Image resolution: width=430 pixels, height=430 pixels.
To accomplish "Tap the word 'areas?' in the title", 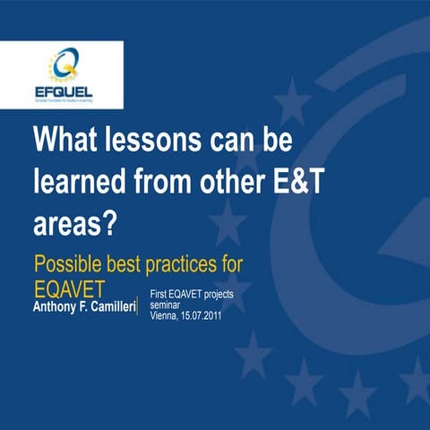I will [75, 222].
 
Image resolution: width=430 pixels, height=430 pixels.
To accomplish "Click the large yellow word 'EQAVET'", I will [70, 290].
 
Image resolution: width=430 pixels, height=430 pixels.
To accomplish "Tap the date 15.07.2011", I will [206, 316].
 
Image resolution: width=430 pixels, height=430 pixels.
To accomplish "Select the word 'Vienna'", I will [164, 316].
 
